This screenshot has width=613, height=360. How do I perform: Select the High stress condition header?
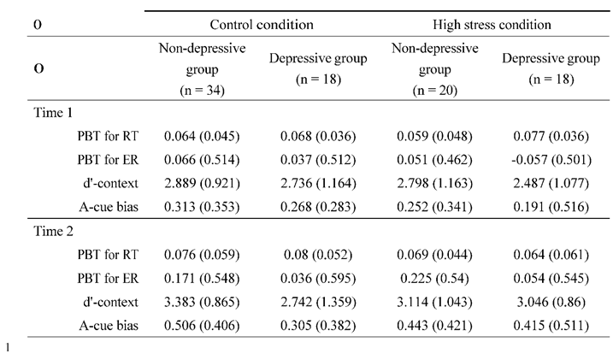tap(493, 25)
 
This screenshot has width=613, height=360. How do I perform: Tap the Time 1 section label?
tap(56, 112)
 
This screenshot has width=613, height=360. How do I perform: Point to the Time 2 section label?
tap(56, 230)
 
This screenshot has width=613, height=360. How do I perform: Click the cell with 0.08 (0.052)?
tap(318, 254)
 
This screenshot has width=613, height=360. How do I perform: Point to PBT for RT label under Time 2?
tap(108, 254)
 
